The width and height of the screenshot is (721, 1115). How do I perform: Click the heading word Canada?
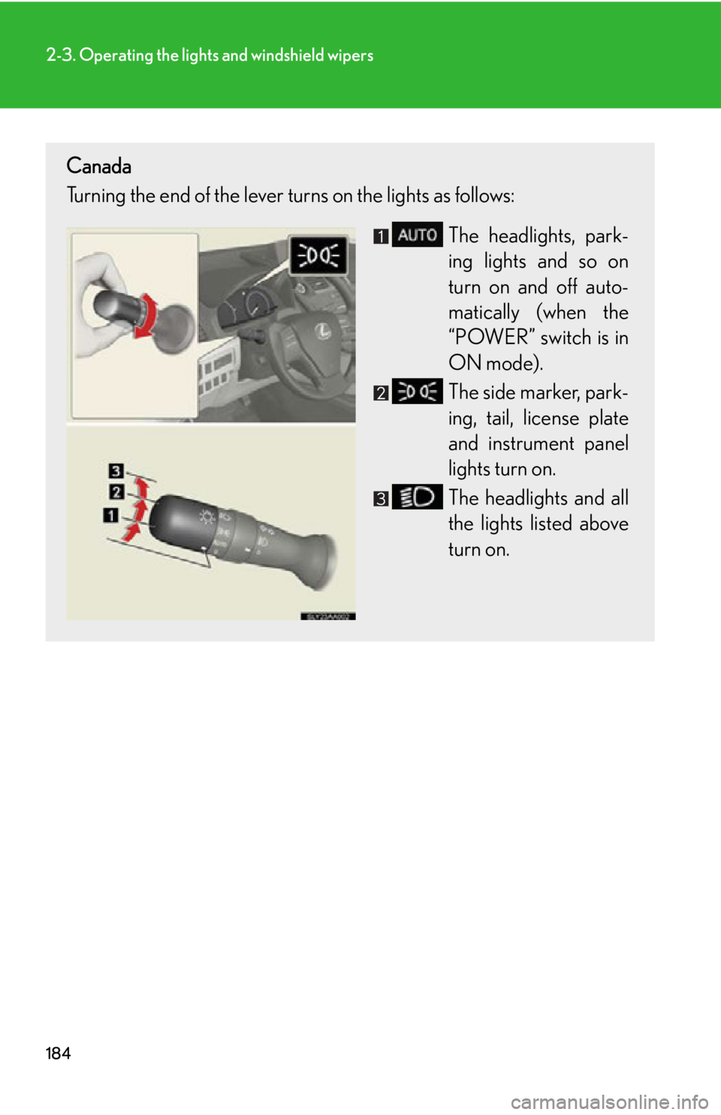98,166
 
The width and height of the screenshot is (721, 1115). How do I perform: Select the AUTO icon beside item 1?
417,235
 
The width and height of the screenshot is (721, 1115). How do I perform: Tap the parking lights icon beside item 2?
417,392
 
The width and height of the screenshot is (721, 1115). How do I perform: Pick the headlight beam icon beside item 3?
417,497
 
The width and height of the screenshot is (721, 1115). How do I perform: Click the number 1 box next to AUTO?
382,236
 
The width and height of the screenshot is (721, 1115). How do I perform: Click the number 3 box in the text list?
382,498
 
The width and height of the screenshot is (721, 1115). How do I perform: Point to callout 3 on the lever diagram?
116,471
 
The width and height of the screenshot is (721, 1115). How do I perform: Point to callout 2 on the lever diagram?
116,492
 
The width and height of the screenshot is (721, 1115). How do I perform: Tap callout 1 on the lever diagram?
110,515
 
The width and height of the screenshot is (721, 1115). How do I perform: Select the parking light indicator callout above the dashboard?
318,255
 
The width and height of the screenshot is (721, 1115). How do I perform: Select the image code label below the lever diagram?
327,616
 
